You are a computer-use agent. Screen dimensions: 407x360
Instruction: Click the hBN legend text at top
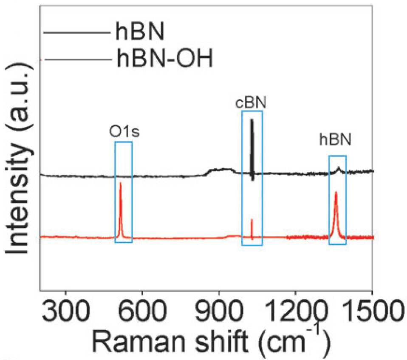pos(140,31)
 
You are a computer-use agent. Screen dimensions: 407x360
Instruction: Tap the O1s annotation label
pos(124,132)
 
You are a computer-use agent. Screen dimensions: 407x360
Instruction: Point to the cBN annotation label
pos(251,103)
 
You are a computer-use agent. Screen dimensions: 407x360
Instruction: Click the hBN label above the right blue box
pos(335,139)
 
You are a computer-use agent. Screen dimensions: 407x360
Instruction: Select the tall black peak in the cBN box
pos(252,149)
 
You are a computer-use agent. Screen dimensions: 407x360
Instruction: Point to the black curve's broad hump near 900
pos(221,170)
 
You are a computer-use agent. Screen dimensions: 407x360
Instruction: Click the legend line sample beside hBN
pos(77,32)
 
